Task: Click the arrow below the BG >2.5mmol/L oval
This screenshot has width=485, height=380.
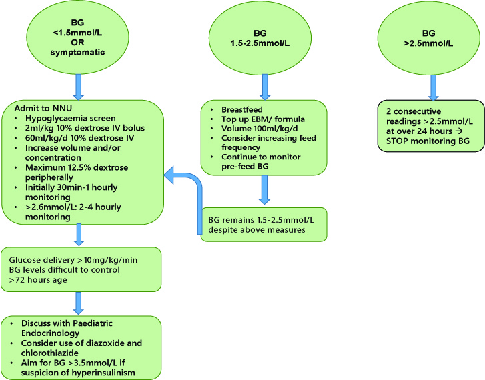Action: pyautogui.click(x=432, y=84)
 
